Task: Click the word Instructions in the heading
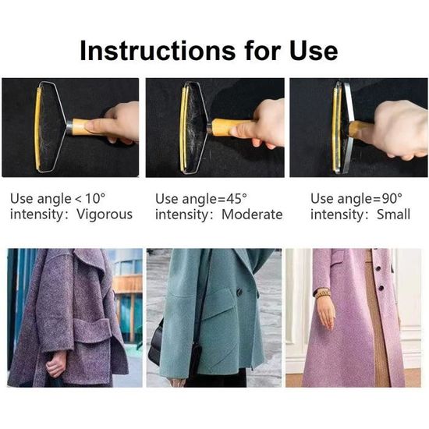pyautogui.click(x=158, y=51)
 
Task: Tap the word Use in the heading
pyautogui.click(x=314, y=51)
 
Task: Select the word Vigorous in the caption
pyautogui.click(x=105, y=214)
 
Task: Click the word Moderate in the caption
pyautogui.click(x=252, y=214)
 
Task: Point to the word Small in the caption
pyautogui.click(x=393, y=214)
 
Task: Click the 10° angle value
pyautogui.click(x=95, y=198)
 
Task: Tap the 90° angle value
pyautogui.click(x=392, y=199)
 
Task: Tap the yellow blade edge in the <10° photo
pyautogui.click(x=37, y=129)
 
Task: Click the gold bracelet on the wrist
pyautogui.click(x=323, y=293)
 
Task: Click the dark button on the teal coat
pyautogui.click(x=239, y=292)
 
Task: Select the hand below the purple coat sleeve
pyautogui.click(x=56, y=365)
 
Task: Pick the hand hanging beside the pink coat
pyautogui.click(x=326, y=313)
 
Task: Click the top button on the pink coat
pyautogui.click(x=378, y=268)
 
